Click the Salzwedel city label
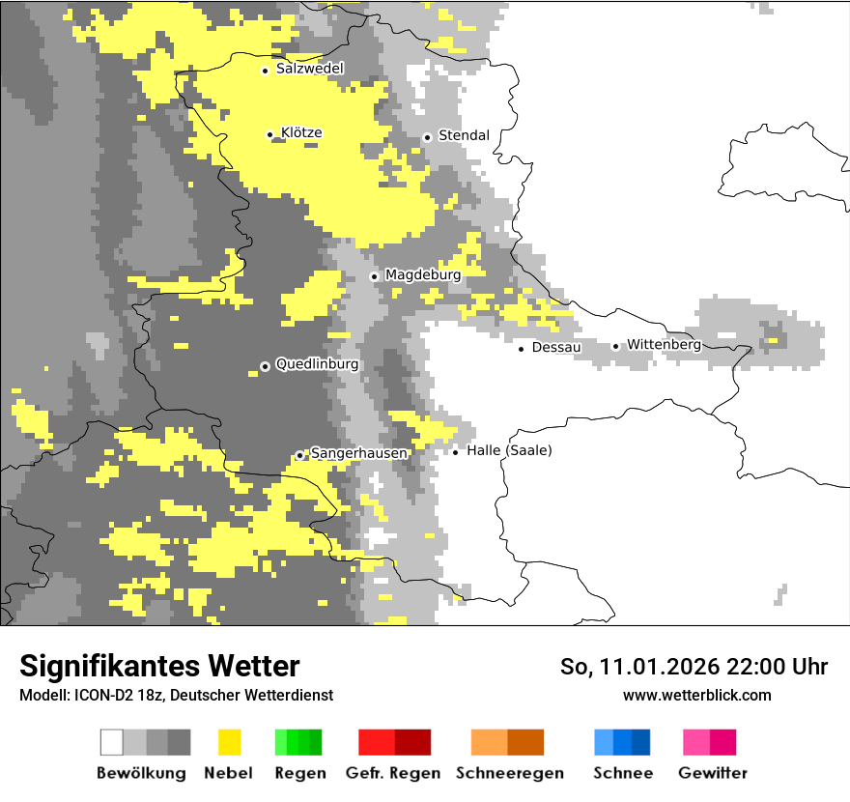point(309,69)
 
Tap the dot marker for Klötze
point(270,134)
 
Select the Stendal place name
point(464,135)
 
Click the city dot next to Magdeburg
point(374,276)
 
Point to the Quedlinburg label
point(317,364)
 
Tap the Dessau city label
point(556,347)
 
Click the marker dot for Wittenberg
point(615,346)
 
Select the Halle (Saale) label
point(509,450)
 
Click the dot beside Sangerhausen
point(299,455)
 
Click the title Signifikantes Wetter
point(159,666)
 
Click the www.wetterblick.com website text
point(696,695)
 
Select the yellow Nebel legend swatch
point(229,742)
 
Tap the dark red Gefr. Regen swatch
point(412,742)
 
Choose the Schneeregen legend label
point(509,773)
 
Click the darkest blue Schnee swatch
point(641,742)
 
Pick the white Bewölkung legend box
point(112,742)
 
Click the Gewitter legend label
point(713,773)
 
